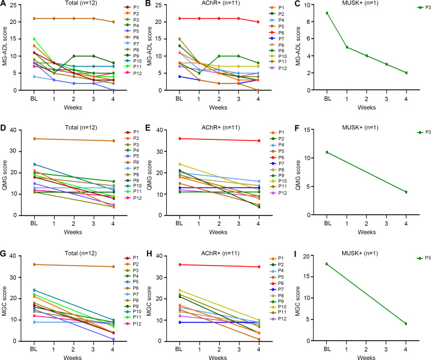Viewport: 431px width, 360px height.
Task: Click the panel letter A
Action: click(3, 3)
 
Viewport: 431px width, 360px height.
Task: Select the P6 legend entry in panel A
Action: click(133, 38)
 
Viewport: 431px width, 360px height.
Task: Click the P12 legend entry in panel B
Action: click(279, 68)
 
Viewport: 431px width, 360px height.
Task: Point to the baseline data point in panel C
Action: click(327, 13)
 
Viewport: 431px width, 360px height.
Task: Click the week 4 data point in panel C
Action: click(406, 73)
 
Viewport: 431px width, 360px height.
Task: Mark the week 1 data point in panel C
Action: click(347, 47)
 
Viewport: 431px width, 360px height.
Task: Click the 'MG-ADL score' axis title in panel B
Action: click(149, 46)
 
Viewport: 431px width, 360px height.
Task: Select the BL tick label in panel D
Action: click(34, 224)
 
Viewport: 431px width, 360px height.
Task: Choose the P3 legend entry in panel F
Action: click(424, 133)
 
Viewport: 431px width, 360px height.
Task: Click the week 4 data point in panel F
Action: click(406, 192)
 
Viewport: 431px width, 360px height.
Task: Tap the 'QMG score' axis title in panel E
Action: click(149, 175)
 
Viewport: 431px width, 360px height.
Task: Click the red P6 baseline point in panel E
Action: click(179, 139)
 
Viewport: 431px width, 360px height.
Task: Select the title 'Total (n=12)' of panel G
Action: click(80, 253)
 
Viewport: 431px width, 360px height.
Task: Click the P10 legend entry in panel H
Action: click(278, 307)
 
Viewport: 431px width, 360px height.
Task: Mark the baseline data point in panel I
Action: click(327, 264)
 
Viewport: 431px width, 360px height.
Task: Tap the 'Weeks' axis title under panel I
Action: click(366, 357)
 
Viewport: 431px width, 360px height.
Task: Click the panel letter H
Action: click(149, 253)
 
